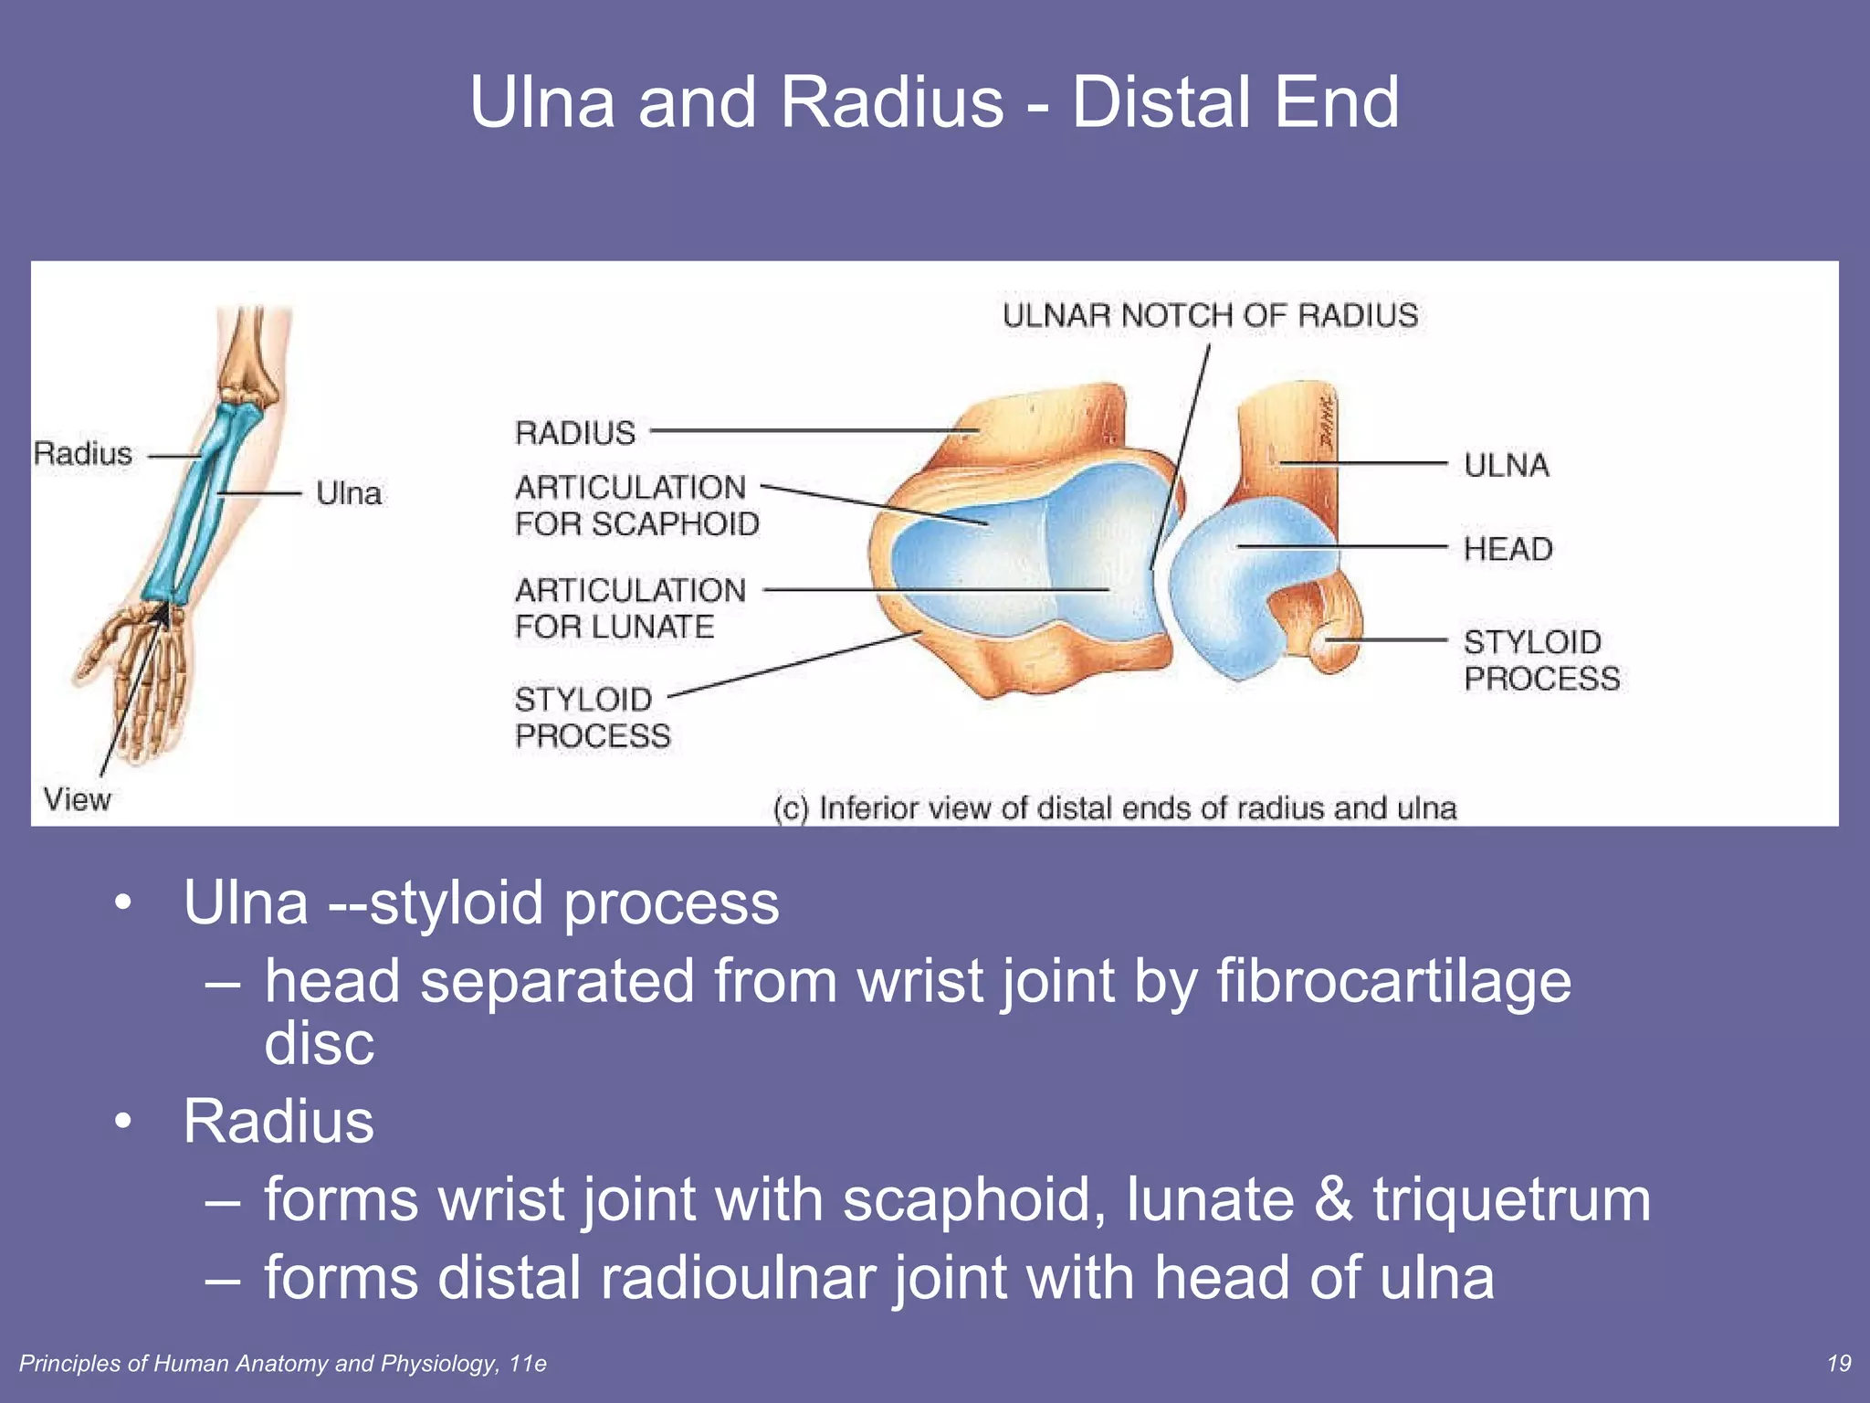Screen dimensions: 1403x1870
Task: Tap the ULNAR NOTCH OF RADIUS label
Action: (1210, 315)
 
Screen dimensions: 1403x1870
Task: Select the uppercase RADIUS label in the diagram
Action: (575, 432)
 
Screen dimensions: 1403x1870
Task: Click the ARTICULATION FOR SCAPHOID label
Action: (636, 505)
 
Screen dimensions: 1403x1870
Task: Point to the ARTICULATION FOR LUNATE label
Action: (630, 608)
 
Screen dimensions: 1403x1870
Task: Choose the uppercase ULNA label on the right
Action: (1507, 465)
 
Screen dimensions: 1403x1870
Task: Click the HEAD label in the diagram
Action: (1508, 549)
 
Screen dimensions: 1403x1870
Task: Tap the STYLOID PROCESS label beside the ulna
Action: (1541, 660)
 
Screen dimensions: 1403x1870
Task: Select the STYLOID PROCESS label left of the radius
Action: (593, 717)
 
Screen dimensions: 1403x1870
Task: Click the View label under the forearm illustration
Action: (77, 799)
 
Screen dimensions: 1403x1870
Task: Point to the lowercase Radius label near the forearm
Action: (82, 453)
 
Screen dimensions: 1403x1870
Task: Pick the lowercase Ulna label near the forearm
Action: (348, 493)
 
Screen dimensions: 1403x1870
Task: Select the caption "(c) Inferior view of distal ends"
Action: (1114, 808)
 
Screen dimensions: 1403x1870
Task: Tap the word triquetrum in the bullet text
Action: (1511, 1198)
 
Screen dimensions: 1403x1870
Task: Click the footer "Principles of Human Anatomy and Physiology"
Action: (283, 1364)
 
